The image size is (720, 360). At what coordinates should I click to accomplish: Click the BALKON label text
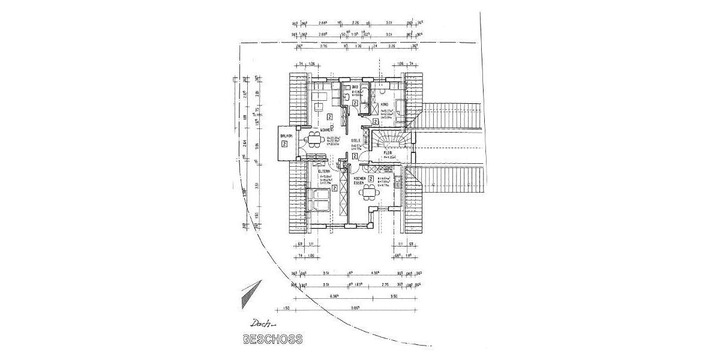pyautogui.click(x=285, y=137)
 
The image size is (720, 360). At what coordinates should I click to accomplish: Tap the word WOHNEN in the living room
pyautogui.click(x=326, y=130)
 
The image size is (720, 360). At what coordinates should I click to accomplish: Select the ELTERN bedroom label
pyautogui.click(x=325, y=172)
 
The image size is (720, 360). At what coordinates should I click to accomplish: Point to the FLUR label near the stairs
pyautogui.click(x=388, y=154)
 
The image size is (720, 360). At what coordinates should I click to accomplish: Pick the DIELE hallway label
pyautogui.click(x=355, y=140)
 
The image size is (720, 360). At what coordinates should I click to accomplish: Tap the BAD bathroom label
pyautogui.click(x=347, y=87)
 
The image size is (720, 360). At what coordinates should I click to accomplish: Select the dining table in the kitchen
pyautogui.click(x=368, y=192)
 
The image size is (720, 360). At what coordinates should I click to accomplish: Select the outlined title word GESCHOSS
pyautogui.click(x=272, y=338)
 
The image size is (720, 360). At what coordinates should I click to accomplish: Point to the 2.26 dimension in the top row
pyautogui.click(x=355, y=23)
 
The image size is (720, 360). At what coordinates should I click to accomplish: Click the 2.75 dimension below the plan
pyautogui.click(x=384, y=286)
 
